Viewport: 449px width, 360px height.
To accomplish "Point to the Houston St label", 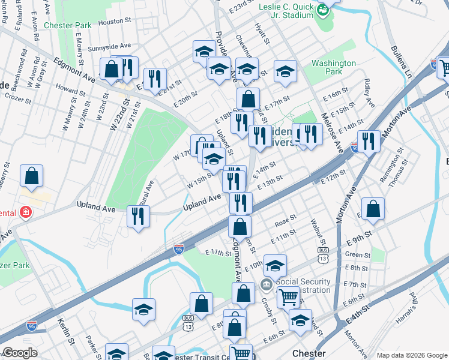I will pos(114,22).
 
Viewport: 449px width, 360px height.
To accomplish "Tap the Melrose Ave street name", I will pos(331,132).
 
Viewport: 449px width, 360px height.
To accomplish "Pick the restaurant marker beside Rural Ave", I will pos(139,216).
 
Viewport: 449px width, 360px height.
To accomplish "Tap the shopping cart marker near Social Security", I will pos(288,296).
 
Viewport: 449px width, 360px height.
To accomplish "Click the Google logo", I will pos(20,353).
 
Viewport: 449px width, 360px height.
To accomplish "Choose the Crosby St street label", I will pos(268,310).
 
